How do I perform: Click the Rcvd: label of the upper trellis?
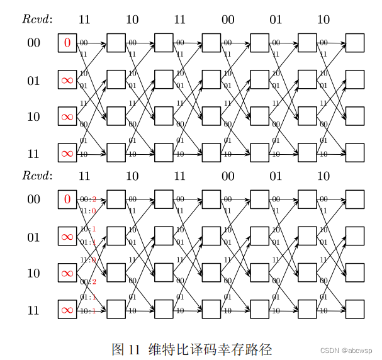click(x=37, y=20)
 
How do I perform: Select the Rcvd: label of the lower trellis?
click(x=37, y=176)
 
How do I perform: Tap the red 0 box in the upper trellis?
click(x=67, y=43)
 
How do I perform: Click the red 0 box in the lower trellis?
click(x=67, y=200)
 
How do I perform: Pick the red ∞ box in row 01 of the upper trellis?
click(x=67, y=80)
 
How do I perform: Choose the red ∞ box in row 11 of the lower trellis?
click(x=67, y=310)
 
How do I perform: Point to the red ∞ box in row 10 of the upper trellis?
click(x=67, y=116)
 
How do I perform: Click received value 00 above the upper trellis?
click(x=228, y=20)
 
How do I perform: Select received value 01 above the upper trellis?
click(x=276, y=20)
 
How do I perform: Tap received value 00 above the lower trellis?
click(x=228, y=176)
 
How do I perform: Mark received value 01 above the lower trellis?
click(x=276, y=176)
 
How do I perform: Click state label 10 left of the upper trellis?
click(x=33, y=116)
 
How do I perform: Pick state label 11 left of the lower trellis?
click(x=33, y=310)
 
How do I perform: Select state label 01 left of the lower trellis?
click(x=33, y=237)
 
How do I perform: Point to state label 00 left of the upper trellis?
click(x=33, y=43)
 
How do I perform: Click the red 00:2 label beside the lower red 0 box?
click(x=88, y=200)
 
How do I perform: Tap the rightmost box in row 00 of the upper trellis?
click(x=354, y=43)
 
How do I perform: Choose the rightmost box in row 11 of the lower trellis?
click(x=354, y=310)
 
